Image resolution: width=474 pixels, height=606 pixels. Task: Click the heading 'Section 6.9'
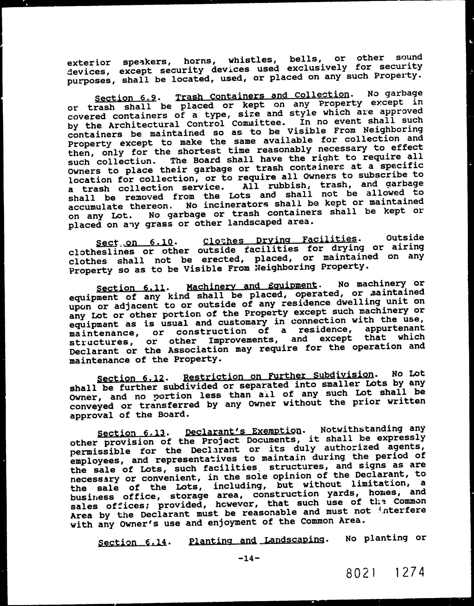(x=127, y=98)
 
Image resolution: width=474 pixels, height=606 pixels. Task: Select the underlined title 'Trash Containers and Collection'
(x=262, y=95)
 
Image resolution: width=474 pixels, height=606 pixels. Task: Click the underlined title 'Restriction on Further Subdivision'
(x=278, y=376)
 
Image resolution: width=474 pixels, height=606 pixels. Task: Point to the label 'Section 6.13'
(x=132, y=433)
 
